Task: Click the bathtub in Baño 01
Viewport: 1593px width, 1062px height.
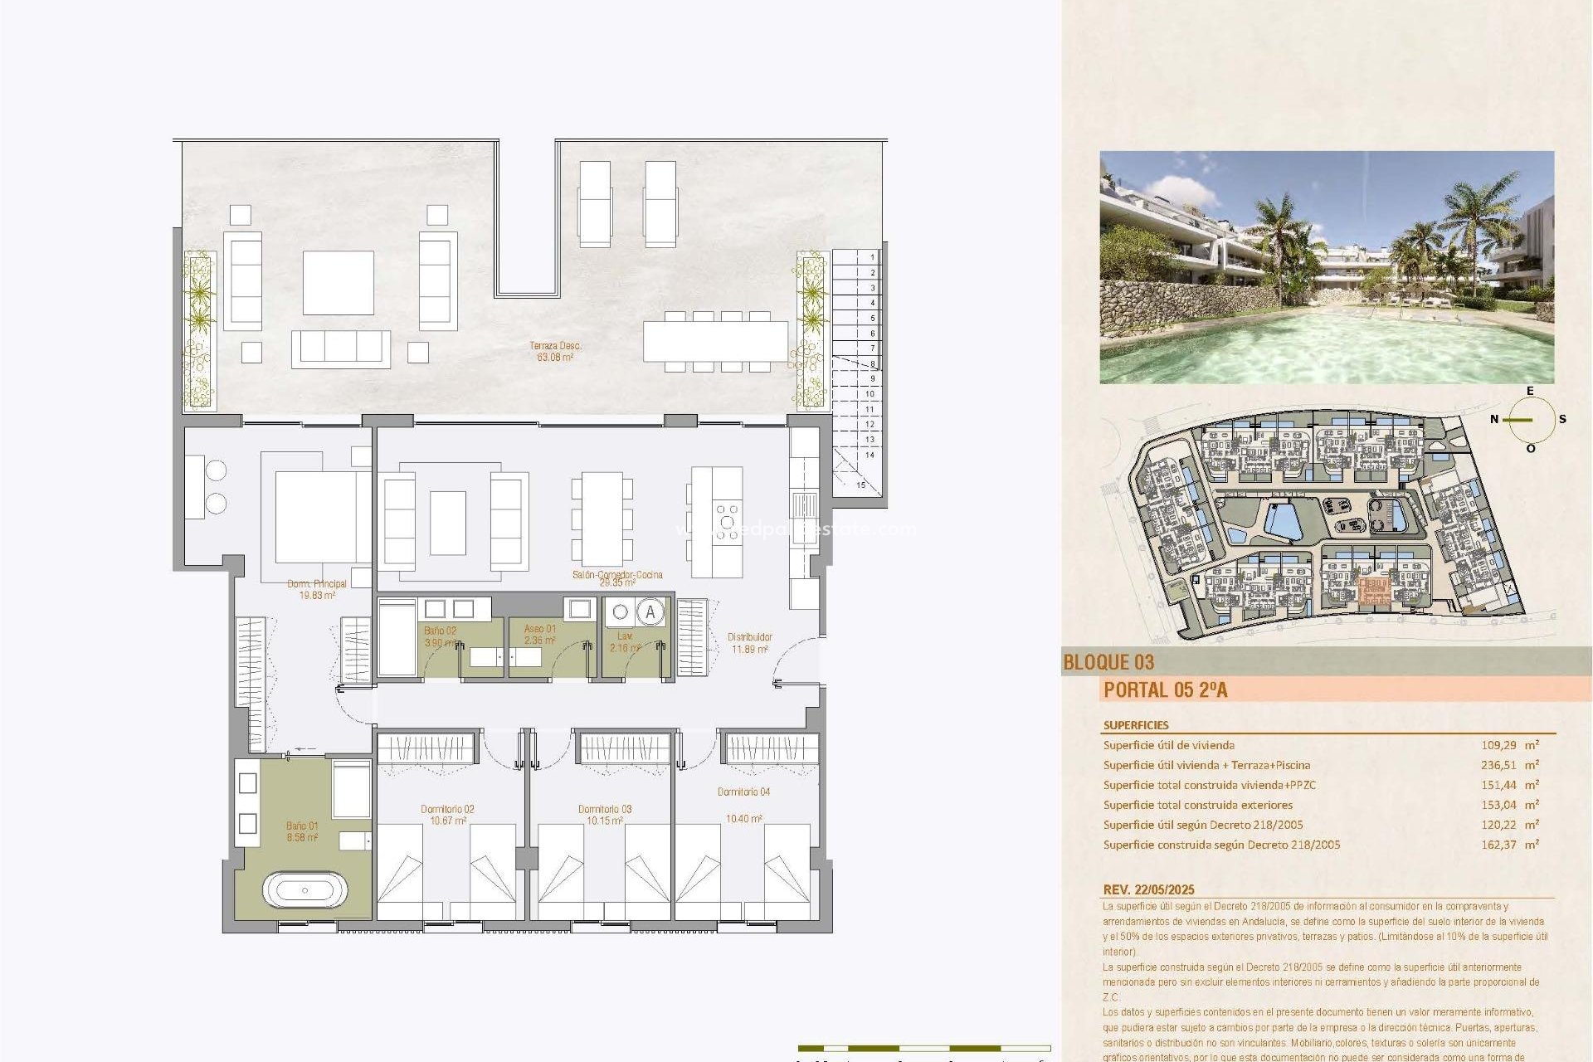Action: click(x=304, y=890)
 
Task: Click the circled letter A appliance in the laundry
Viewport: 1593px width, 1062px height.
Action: click(x=650, y=613)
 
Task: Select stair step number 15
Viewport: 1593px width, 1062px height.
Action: click(x=860, y=485)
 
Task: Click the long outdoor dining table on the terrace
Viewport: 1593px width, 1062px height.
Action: click(x=715, y=341)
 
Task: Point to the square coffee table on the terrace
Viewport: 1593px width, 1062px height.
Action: click(x=338, y=282)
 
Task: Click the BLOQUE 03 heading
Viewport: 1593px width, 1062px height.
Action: click(x=1108, y=662)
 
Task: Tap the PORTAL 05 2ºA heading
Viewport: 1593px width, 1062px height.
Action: click(x=1165, y=689)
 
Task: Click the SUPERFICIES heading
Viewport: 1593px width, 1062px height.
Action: click(x=1136, y=725)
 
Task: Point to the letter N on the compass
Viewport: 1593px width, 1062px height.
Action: click(x=1494, y=419)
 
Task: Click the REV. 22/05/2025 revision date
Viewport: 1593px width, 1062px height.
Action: click(x=1149, y=889)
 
